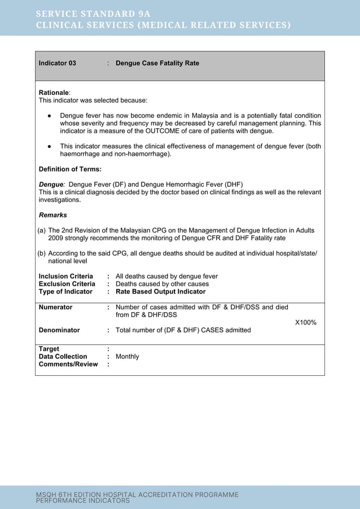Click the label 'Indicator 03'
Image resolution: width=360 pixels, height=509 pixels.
click(x=57, y=64)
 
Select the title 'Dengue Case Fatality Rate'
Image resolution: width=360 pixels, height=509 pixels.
click(x=157, y=64)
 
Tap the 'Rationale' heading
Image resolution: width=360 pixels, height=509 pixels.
click(x=54, y=92)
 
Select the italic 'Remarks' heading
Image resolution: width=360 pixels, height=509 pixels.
click(x=52, y=215)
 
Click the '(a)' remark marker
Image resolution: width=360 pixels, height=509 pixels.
click(x=42, y=230)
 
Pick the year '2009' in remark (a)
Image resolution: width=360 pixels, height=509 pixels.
click(x=56, y=238)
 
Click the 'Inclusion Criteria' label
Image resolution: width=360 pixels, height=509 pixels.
click(x=65, y=276)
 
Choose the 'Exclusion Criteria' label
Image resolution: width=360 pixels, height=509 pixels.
click(x=67, y=284)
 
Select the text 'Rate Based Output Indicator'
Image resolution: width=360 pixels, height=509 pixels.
click(x=160, y=292)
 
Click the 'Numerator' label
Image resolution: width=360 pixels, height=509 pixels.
click(x=55, y=308)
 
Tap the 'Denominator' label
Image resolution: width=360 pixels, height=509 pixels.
click(x=59, y=330)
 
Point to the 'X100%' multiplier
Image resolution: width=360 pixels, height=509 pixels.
click(x=306, y=322)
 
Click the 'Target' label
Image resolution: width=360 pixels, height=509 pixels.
click(x=49, y=349)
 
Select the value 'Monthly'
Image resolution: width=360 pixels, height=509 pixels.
click(x=127, y=357)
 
